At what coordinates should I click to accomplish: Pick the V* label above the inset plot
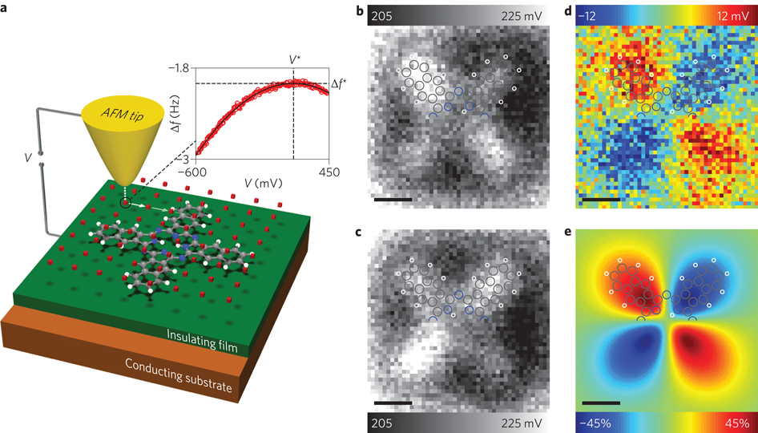point(295,59)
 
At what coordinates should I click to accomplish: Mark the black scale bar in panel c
point(393,402)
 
